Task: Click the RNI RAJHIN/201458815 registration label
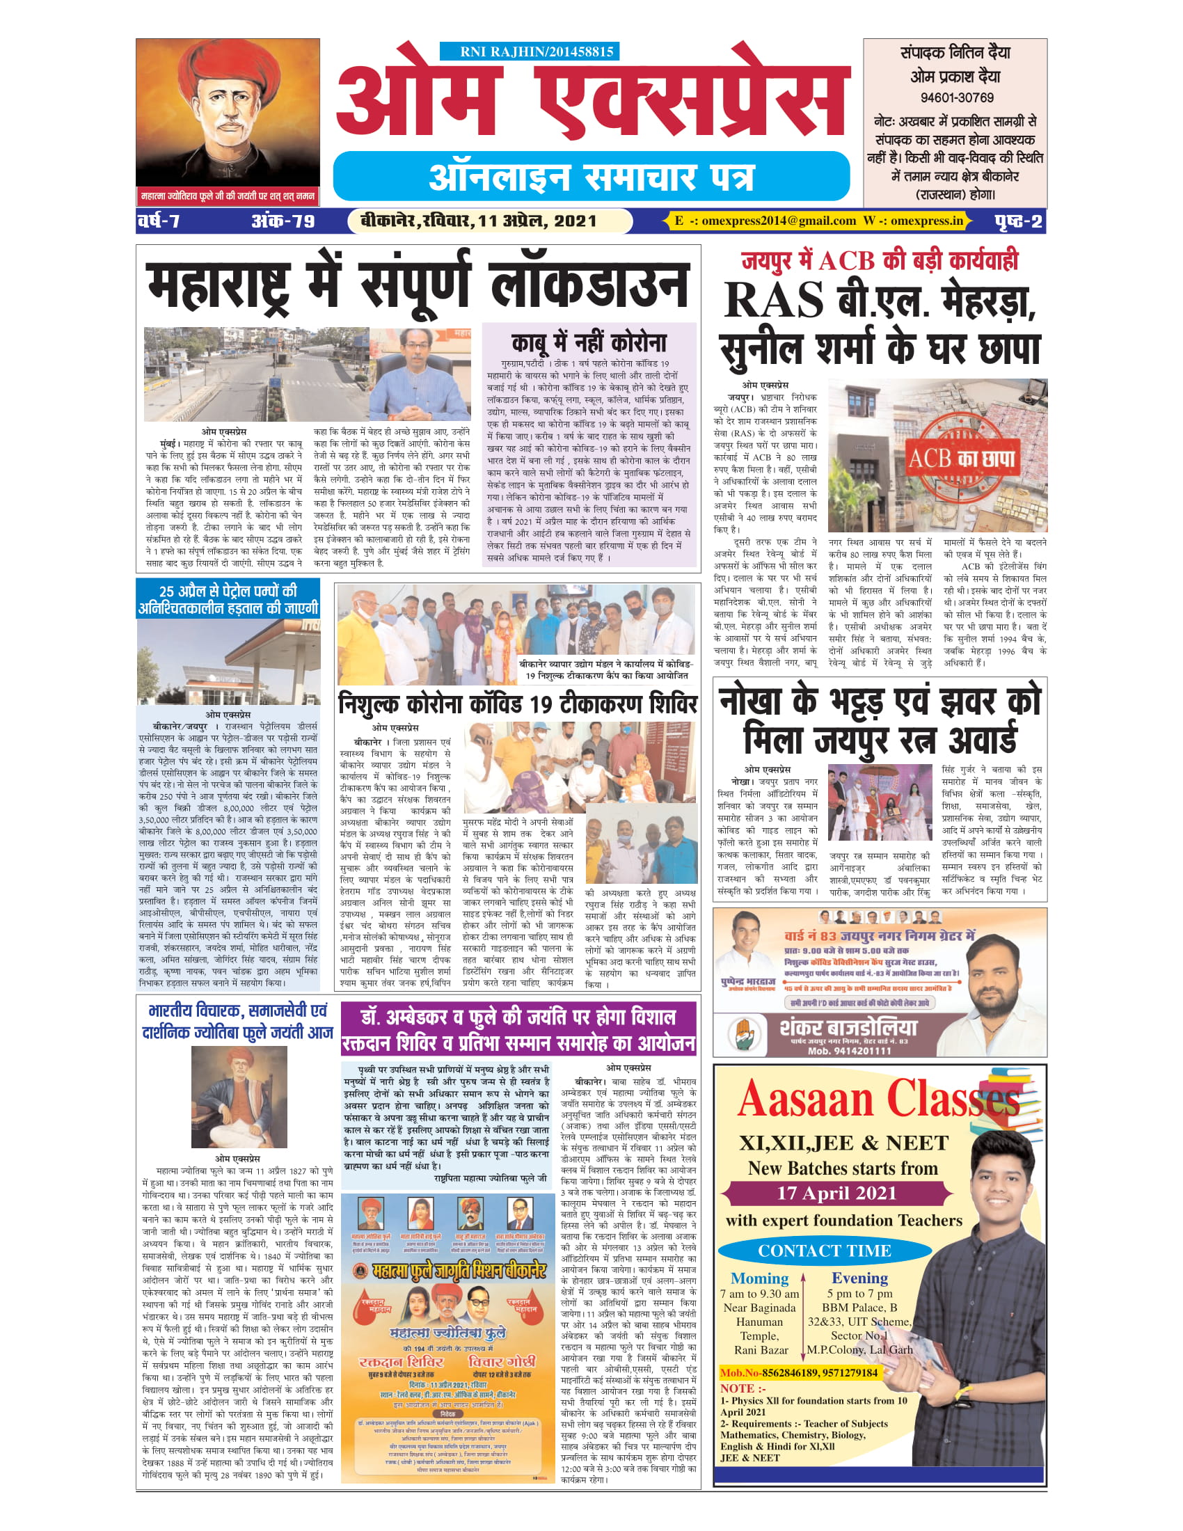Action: coord(530,51)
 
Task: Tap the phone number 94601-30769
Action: coord(956,97)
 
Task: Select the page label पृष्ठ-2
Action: coord(1017,221)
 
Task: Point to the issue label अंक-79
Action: coord(283,221)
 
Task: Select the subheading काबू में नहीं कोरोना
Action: coord(589,343)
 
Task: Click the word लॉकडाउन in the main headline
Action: coord(590,285)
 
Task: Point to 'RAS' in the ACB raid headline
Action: coord(773,300)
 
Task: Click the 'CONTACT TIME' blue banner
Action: coord(824,1251)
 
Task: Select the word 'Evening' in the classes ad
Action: coord(859,1277)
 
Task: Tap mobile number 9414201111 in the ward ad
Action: coord(850,1051)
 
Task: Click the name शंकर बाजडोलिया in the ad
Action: coord(848,1028)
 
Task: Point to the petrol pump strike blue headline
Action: coord(228,598)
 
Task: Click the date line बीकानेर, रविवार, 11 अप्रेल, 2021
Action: coord(478,221)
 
